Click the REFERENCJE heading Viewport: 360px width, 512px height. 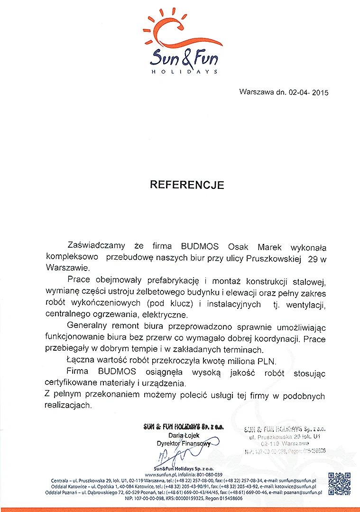187,185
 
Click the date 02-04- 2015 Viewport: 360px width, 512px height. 308,92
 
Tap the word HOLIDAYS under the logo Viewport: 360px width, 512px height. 184,72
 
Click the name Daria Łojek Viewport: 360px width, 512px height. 184,436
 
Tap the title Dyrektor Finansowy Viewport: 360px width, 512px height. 184,443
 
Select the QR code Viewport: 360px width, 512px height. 339,484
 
